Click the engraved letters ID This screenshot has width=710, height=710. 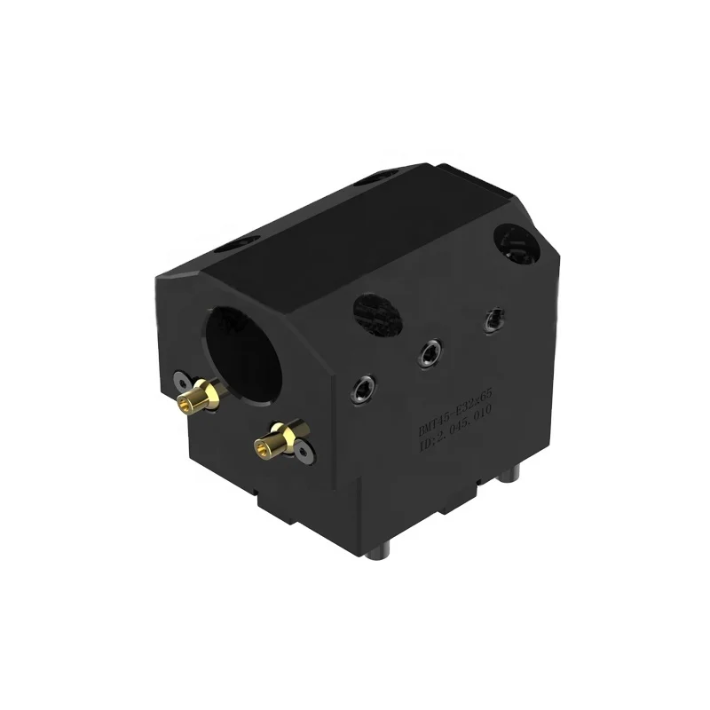[428, 449]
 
